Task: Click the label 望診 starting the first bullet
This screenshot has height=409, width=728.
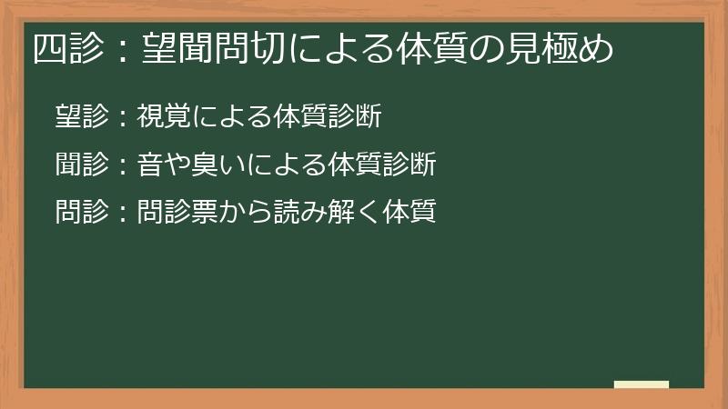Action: pos(83,116)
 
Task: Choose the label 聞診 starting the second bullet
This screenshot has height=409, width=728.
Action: pos(83,165)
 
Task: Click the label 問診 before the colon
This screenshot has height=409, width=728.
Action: pos(83,213)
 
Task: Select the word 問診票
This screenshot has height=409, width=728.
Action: pos(178,213)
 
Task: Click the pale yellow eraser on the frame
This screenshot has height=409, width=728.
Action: pos(642,384)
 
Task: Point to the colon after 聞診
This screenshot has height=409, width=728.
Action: pos(123,166)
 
